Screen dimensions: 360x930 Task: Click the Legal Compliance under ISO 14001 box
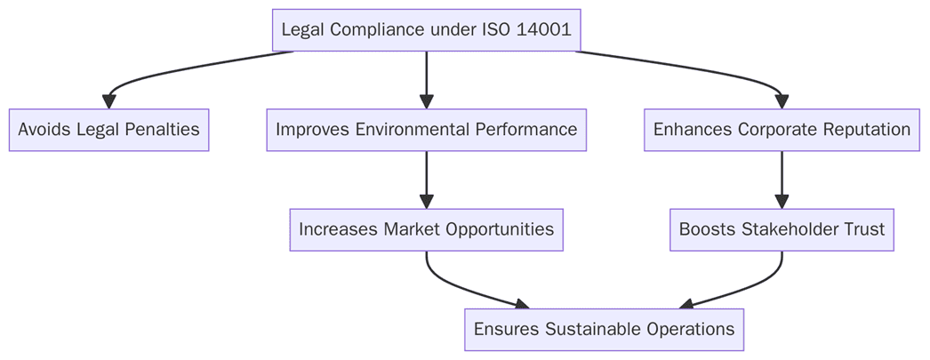[x=426, y=30]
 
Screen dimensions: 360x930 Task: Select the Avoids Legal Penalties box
[x=108, y=130]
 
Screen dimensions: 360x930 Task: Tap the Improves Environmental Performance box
[x=426, y=130]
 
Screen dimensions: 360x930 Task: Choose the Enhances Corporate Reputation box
[x=782, y=130]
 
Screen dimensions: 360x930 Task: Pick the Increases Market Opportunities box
[x=426, y=229]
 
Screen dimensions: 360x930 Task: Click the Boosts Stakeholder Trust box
[x=782, y=229]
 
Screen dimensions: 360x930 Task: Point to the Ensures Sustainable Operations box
[x=604, y=330]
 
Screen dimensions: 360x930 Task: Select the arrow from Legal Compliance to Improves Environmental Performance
[x=426, y=80]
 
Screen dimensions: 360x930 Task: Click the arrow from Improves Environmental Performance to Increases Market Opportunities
[x=426, y=180]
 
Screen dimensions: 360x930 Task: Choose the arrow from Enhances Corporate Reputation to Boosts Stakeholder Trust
[x=782, y=180]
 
